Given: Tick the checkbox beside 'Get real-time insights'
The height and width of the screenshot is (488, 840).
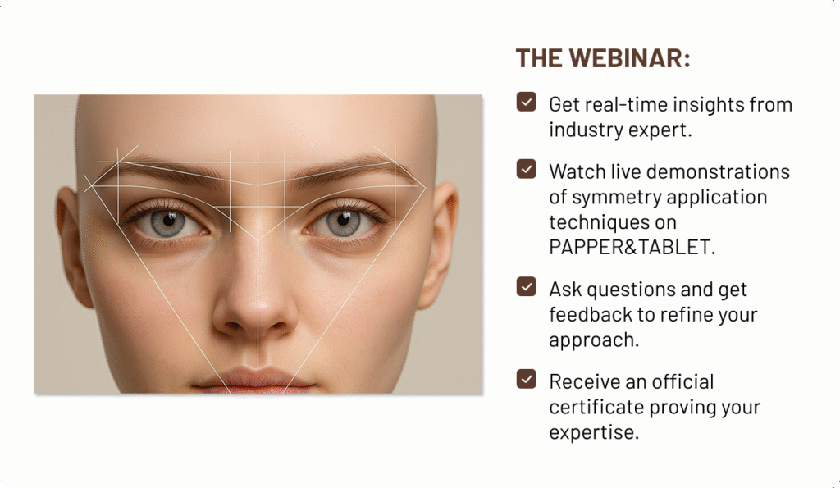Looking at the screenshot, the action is click(526, 102).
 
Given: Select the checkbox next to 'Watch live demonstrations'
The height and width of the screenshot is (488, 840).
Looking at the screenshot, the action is click(526, 169).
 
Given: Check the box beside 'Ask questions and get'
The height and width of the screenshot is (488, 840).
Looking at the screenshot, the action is click(526, 286).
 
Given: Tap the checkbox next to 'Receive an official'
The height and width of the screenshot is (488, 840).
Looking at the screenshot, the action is click(526, 379).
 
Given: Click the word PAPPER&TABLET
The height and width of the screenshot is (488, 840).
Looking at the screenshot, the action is click(632, 247).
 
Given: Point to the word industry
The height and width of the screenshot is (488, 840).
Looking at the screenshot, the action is click(586, 130).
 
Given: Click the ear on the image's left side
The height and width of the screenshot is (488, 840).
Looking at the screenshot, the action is click(72, 247).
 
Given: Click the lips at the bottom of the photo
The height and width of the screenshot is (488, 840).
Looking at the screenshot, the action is click(255, 381).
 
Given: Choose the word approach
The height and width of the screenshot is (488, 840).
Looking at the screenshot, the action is click(594, 340).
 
